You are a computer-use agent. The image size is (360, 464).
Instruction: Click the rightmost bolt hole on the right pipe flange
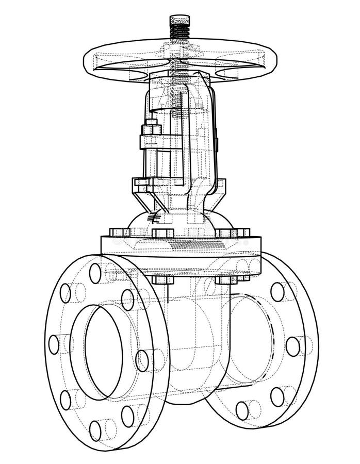[292, 346]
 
